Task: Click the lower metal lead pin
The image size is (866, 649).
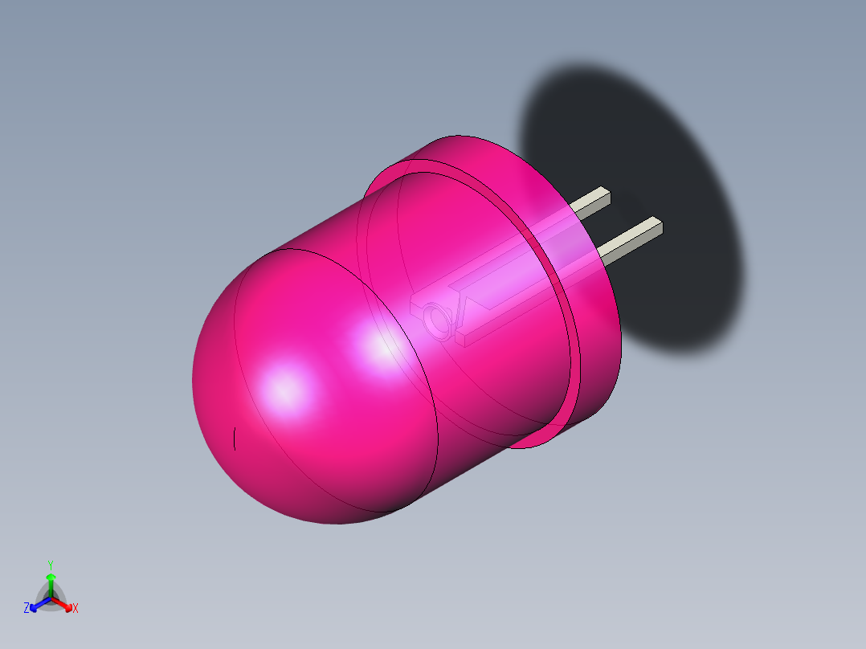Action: coord(631,240)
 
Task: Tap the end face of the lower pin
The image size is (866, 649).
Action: coord(658,225)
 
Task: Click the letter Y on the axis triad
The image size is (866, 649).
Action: coord(51,564)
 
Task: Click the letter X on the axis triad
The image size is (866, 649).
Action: coord(76,609)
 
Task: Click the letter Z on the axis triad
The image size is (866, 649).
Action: coord(27,609)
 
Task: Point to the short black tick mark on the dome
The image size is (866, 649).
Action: coord(234,439)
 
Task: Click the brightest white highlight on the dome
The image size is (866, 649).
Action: coord(285,391)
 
